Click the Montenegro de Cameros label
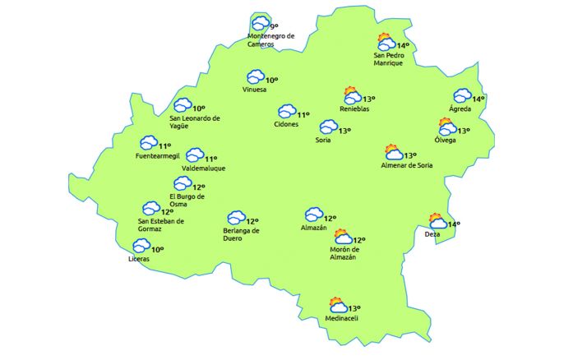coord(270,40)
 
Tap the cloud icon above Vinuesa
coord(256,77)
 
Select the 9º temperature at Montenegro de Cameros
coord(275,27)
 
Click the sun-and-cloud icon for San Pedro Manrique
coord(385,42)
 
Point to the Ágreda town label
coord(460,109)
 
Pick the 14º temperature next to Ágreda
coord(478,99)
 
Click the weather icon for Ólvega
coord(446,127)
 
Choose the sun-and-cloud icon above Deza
coord(437,221)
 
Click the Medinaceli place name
coord(342,318)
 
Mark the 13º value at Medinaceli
coord(354,307)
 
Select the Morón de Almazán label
coord(343,254)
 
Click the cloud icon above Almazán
coord(313,215)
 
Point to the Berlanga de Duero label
coord(242,235)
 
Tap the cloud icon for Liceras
coord(141,246)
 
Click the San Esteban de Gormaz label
coord(161,224)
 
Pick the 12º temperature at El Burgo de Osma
coord(199,187)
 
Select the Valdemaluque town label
coord(203,168)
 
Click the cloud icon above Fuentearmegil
coord(149,143)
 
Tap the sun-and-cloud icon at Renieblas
coord(353,95)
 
